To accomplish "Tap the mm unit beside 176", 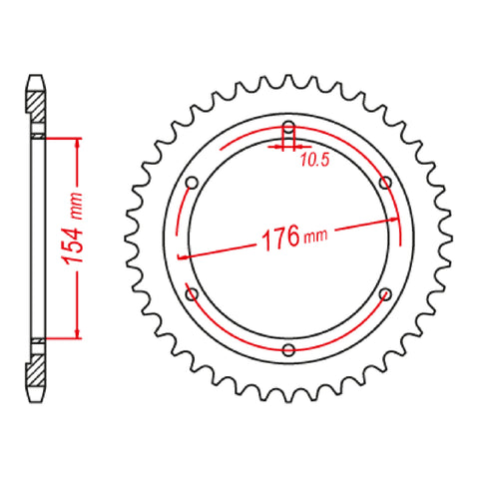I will tap(314, 238).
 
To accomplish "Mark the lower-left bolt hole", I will tap(193, 294).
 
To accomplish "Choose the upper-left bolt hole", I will tap(193, 183).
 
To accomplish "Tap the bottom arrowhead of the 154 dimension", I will tap(75, 336).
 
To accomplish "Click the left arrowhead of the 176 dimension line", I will tap(182, 255).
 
